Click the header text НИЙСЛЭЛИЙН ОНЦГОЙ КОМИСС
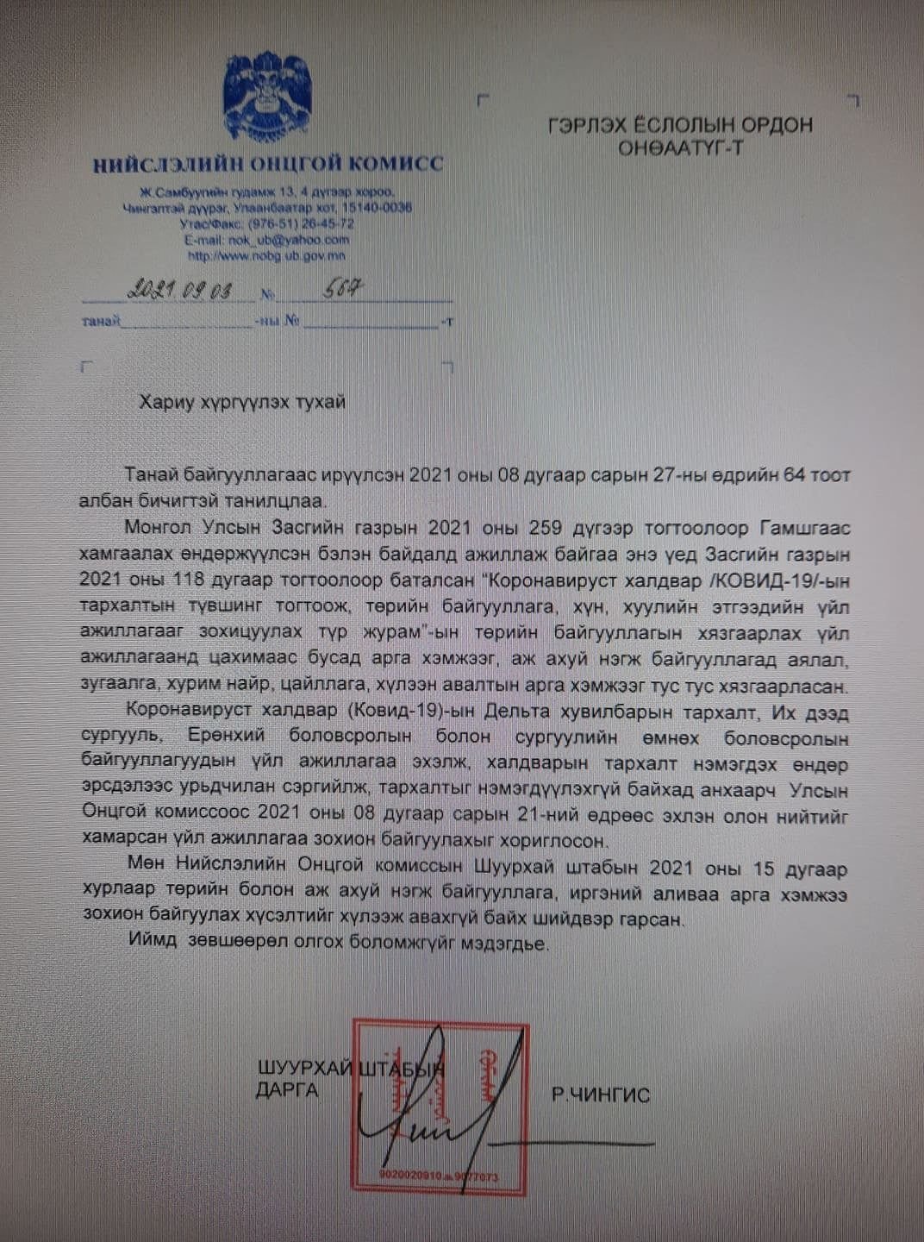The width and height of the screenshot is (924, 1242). (268, 164)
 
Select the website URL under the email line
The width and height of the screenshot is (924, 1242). (266, 255)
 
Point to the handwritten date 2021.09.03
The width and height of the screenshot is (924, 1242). (179, 291)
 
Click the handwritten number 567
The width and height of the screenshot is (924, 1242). (343, 289)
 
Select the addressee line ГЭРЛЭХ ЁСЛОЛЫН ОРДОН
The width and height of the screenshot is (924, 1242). (680, 125)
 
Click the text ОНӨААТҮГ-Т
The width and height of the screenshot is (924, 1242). (680, 148)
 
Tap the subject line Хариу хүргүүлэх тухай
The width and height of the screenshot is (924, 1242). (243, 402)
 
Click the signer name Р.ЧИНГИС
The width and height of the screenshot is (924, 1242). (601, 1096)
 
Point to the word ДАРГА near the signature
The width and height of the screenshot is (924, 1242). (287, 1090)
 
